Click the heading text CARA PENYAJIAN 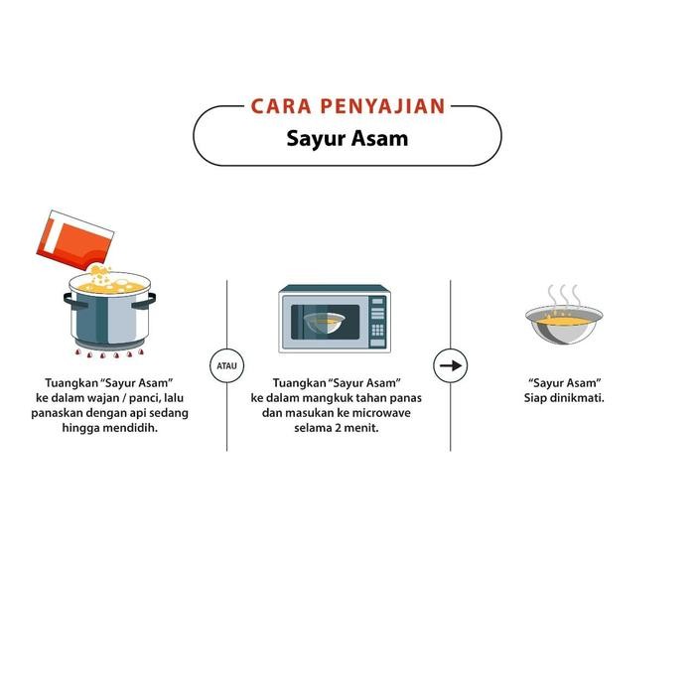[x=347, y=105]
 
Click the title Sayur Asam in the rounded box [x=347, y=138]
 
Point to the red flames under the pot [x=110, y=354]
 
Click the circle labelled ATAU [x=226, y=365]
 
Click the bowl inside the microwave [x=325, y=323]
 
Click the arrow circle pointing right [x=451, y=365]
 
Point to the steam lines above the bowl [x=564, y=295]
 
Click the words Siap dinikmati [x=564, y=398]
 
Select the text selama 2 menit [x=337, y=428]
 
